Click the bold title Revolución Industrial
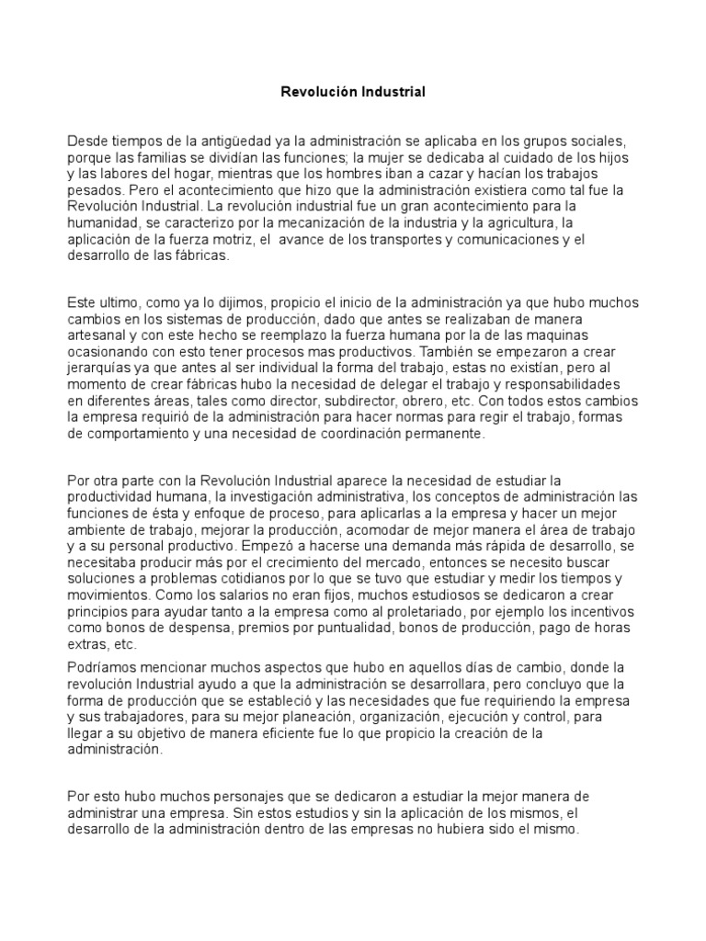(x=353, y=93)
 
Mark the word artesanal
(x=99, y=335)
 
